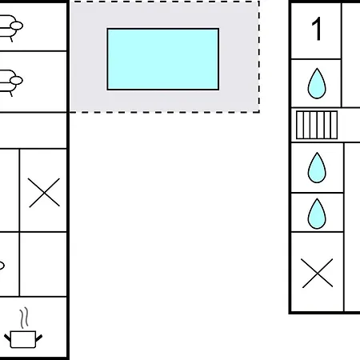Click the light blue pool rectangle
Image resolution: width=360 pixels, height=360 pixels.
[163, 59]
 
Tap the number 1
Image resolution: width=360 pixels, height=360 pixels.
[317, 29]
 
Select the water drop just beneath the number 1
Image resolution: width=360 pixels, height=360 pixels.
[317, 83]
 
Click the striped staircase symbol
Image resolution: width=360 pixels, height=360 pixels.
[317, 125]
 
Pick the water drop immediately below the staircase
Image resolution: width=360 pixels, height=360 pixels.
[317, 168]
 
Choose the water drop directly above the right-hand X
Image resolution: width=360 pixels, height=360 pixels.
[317, 214]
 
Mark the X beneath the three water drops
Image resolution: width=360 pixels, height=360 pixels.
[318, 273]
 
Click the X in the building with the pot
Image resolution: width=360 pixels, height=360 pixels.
[44, 193]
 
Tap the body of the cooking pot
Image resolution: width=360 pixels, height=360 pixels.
[23, 339]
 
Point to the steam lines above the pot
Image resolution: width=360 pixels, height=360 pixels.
[24, 318]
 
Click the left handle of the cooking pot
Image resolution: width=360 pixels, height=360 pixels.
[7, 338]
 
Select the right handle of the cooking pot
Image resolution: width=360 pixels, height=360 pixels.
[39, 338]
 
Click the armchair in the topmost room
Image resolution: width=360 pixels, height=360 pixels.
[10, 28]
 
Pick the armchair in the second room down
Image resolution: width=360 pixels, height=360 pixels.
[10, 82]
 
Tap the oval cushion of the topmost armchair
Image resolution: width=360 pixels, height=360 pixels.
[17, 26]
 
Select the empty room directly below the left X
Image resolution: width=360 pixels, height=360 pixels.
[43, 264]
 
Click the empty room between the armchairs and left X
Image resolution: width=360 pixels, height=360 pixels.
[33, 130]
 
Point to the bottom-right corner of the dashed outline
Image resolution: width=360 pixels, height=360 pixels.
[259, 112]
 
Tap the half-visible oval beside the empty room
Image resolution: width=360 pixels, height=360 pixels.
[2, 266]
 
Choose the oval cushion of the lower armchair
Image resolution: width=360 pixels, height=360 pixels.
[16, 80]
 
